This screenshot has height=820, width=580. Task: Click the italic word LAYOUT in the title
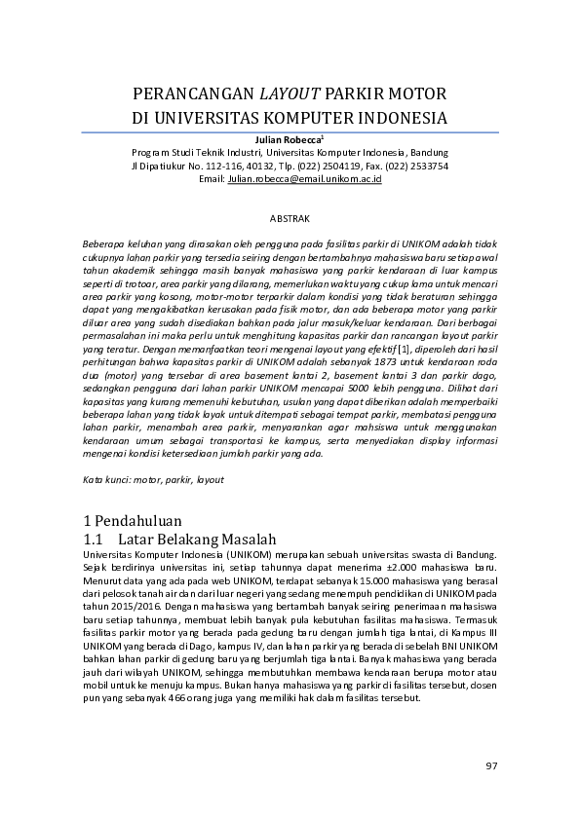click(x=289, y=94)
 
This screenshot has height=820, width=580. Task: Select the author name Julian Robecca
click(x=288, y=140)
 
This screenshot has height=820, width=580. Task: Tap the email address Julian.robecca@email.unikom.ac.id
click(x=304, y=179)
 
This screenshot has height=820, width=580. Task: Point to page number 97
click(x=491, y=766)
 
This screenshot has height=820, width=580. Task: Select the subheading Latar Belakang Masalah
click(x=197, y=540)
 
